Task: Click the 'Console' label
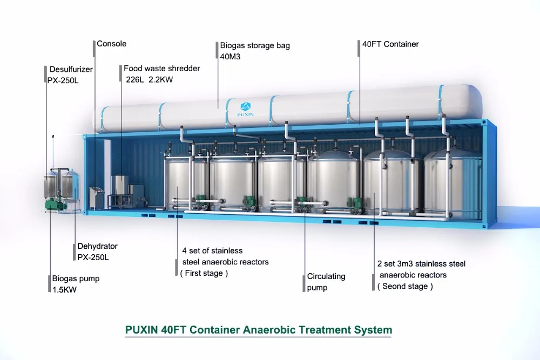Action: pyautogui.click(x=112, y=44)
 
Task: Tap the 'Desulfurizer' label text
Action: pyautogui.click(x=71, y=70)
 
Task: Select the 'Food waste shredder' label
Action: pyautogui.click(x=162, y=69)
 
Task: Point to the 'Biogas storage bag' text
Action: pyautogui.click(x=255, y=45)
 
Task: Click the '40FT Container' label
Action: pyautogui.click(x=390, y=44)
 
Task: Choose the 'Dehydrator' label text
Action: pyautogui.click(x=97, y=246)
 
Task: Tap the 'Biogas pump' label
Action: pyautogui.click(x=76, y=279)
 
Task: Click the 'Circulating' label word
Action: pyautogui.click(x=326, y=276)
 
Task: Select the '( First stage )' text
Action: pyautogui.click(x=204, y=273)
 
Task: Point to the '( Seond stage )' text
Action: pyautogui.click(x=405, y=286)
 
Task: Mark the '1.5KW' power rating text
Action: pyautogui.click(x=64, y=290)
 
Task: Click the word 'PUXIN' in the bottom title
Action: pyautogui.click(x=141, y=330)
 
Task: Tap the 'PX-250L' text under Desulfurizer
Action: pyautogui.click(x=63, y=80)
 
